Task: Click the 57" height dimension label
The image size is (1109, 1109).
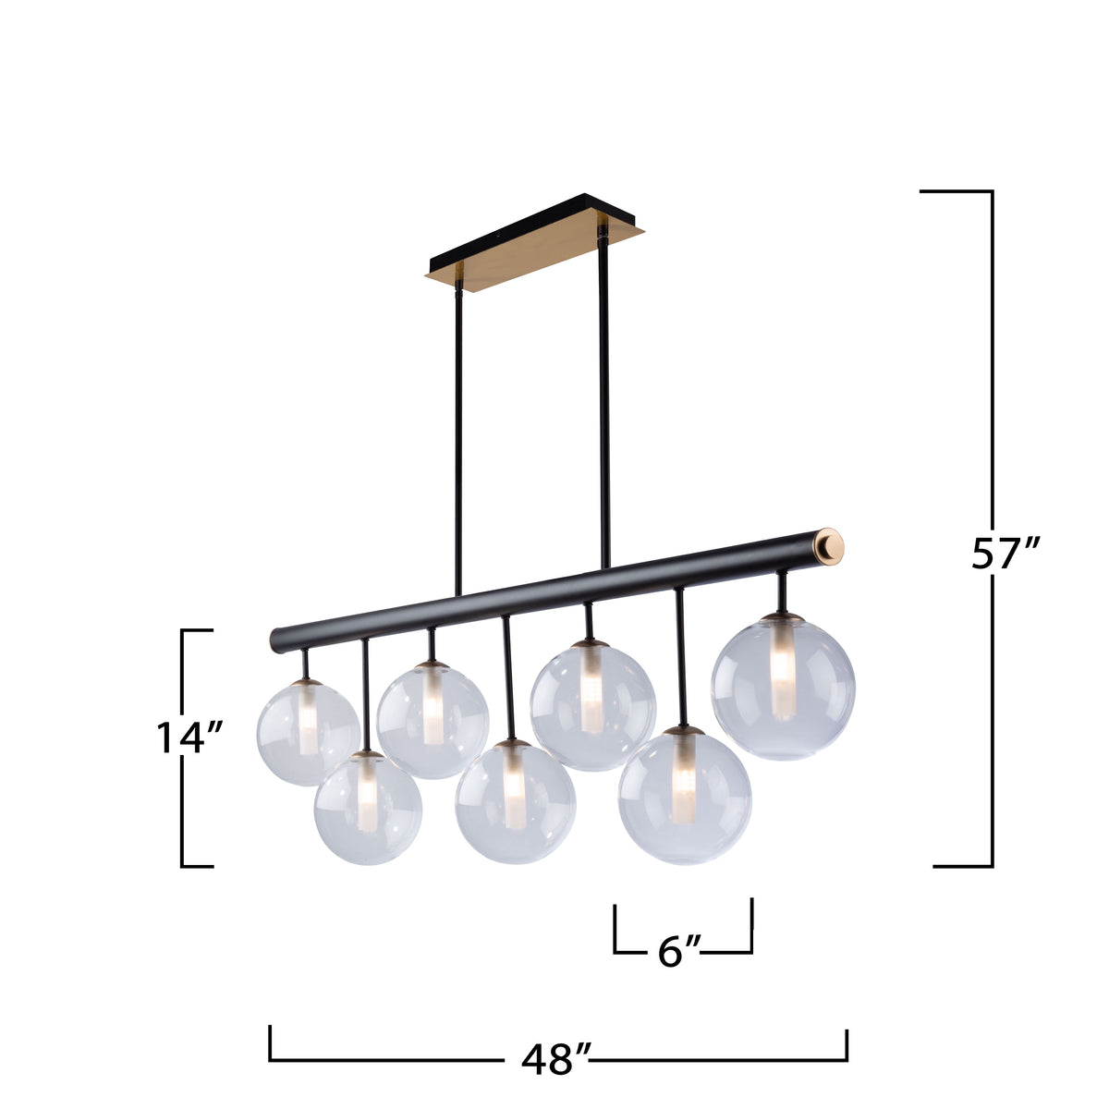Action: [1005, 554]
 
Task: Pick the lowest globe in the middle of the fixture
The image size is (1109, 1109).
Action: [515, 801]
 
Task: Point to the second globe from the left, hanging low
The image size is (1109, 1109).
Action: [368, 808]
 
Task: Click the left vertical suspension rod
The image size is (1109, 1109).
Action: [457, 444]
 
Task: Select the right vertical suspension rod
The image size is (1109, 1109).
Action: [603, 397]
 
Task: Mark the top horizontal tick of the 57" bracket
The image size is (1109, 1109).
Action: [957, 191]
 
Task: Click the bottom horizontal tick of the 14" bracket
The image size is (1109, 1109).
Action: [197, 866]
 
